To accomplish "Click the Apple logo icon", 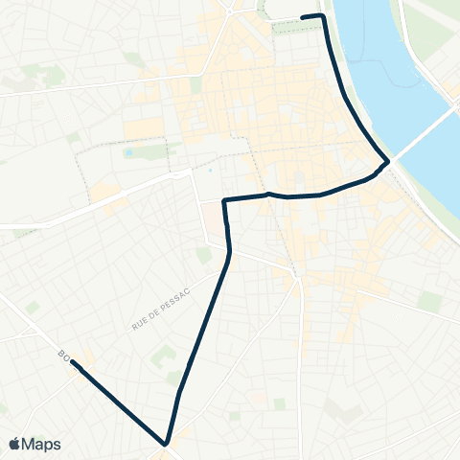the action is coord(15,444).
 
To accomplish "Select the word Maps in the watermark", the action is coord(42,444).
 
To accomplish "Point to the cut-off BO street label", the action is coord(64,358).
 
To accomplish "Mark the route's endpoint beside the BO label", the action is coord(73,364).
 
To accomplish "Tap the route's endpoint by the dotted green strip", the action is coord(303,17).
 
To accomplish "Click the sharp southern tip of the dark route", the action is coord(166,444).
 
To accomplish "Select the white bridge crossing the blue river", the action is coord(422,134).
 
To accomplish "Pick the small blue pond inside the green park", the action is coord(129,151).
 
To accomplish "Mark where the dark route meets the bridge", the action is coord(387,162).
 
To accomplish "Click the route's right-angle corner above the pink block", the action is coord(224,200).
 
